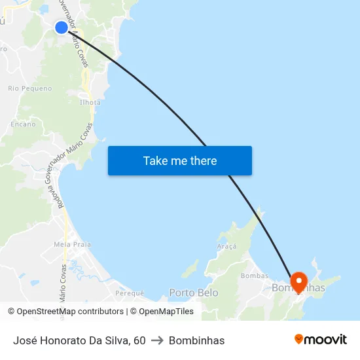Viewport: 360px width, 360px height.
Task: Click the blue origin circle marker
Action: [x=61, y=27]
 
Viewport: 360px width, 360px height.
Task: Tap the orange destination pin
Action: [x=299, y=282]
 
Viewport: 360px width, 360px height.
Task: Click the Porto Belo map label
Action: [x=194, y=293]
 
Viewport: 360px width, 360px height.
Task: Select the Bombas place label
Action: [x=255, y=276]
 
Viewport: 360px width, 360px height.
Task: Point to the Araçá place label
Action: [x=226, y=246]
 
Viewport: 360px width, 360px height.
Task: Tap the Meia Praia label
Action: [x=72, y=244]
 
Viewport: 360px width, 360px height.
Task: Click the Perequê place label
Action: [x=129, y=293]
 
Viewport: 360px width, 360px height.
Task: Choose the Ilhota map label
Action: [x=90, y=102]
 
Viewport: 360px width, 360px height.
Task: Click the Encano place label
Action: [x=23, y=123]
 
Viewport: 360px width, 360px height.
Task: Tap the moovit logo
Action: [x=321, y=340]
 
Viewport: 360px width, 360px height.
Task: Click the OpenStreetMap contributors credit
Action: [x=69, y=312]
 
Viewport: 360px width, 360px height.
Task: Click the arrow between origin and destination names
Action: [x=157, y=340]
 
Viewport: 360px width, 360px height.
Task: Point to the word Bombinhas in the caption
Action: [x=196, y=340]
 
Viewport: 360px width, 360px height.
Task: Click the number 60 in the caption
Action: [x=139, y=340]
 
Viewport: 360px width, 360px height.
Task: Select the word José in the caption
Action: [x=24, y=340]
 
